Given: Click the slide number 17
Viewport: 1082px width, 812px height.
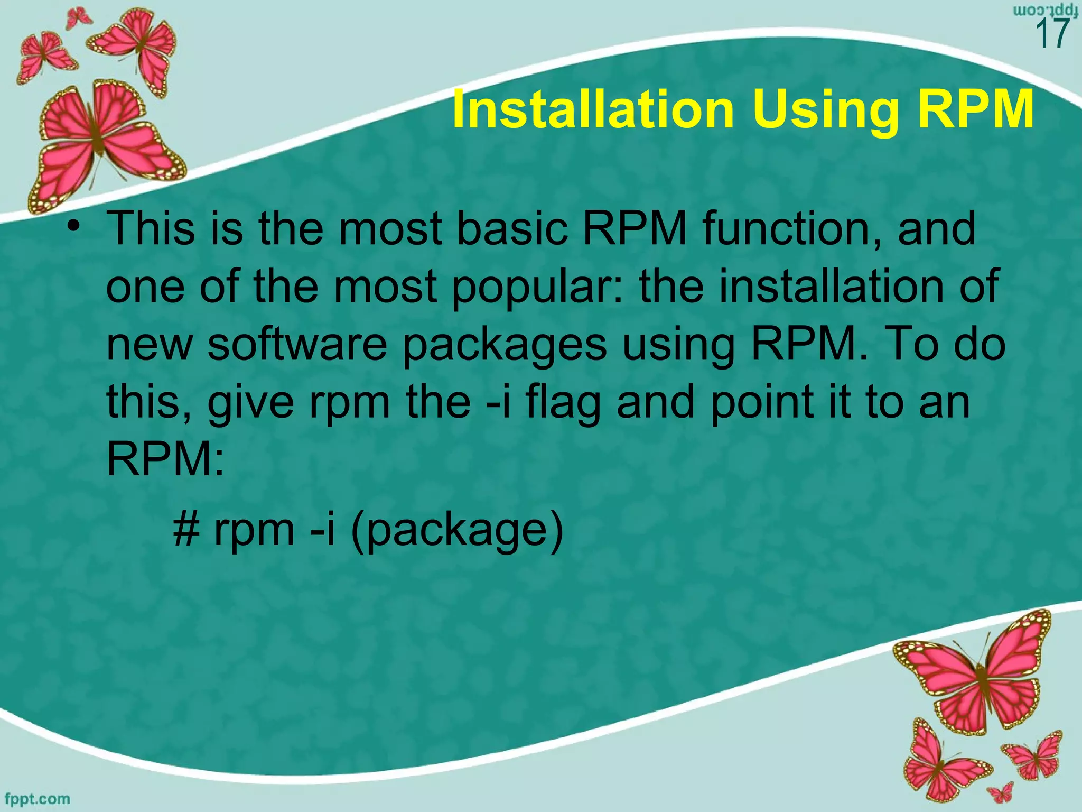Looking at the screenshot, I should (1053, 34).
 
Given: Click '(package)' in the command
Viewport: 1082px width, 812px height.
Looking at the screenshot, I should (458, 531).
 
